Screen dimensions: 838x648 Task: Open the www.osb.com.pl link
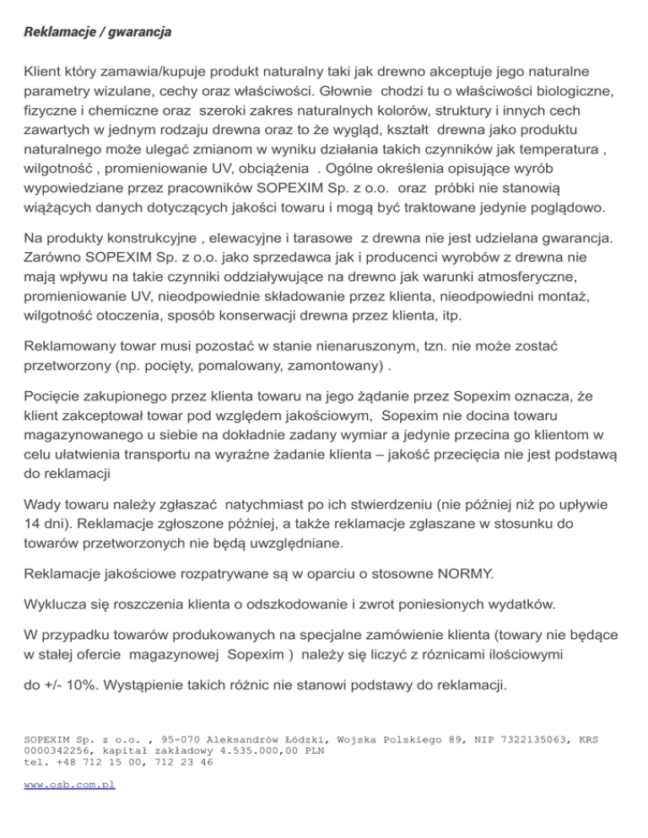point(70,784)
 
